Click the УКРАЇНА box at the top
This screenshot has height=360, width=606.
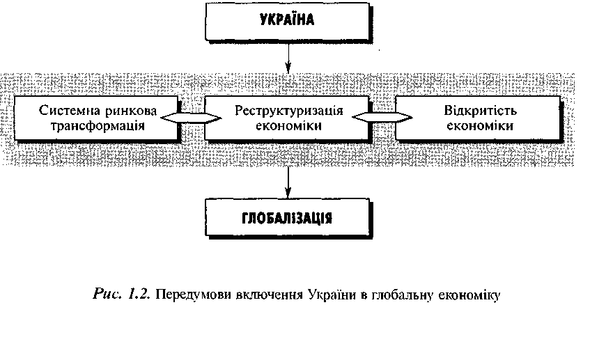(288, 22)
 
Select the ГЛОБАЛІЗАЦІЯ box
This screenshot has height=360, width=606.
(288, 217)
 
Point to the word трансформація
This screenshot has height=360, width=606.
(98, 126)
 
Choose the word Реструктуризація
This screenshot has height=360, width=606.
(288, 111)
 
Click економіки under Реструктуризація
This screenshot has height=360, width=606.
(288, 126)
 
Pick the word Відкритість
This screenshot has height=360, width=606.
(481, 111)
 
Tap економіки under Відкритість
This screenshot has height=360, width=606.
(480, 126)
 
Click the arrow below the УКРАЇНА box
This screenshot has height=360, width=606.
(288, 57)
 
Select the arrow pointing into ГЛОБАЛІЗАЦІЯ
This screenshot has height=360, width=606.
(288, 182)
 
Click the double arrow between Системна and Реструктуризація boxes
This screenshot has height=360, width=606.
(191, 118)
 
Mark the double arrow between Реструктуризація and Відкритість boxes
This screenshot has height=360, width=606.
(382, 118)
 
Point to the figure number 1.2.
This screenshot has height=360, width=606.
(139, 295)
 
